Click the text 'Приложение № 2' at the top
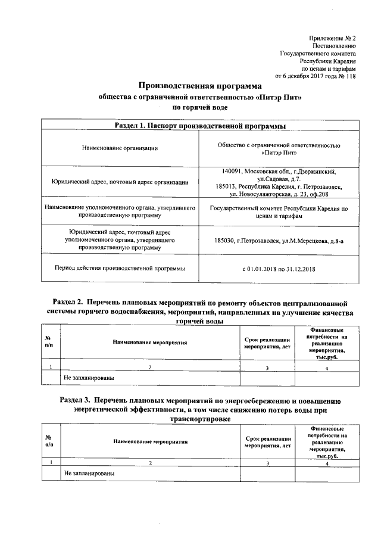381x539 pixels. (333, 38)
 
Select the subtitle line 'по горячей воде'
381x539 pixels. (199, 107)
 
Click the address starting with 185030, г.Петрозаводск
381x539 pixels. (279, 241)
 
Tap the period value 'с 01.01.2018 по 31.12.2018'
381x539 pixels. (279, 269)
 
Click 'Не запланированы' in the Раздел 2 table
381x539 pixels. (89, 377)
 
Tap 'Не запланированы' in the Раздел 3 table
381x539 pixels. (89, 473)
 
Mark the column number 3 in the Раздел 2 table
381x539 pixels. (267, 367)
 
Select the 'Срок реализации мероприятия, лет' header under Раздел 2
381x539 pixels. (267, 342)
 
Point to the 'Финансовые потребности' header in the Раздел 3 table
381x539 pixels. (327, 441)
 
